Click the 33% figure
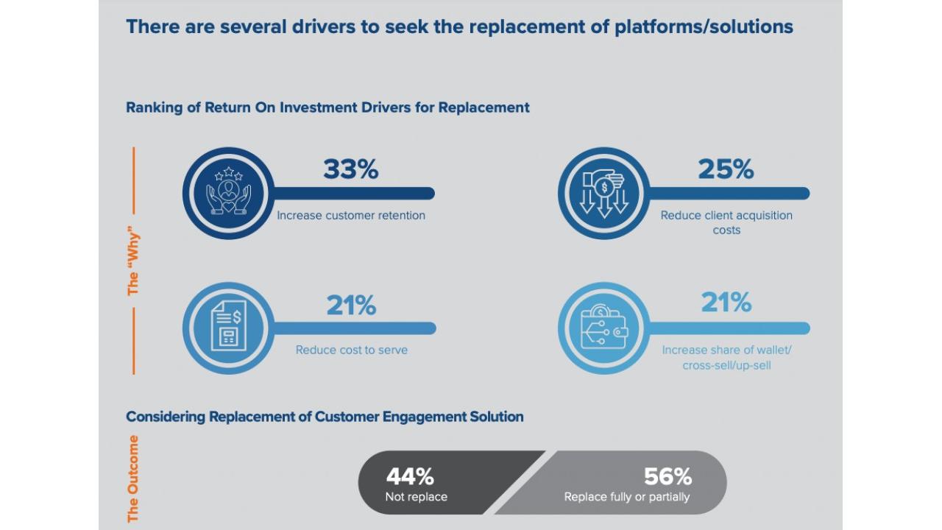click(350, 170)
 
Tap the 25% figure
click(726, 170)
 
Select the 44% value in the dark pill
click(410, 477)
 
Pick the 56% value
click(667, 477)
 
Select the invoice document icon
click(228, 328)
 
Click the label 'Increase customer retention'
click(351, 216)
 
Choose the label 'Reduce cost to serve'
click(351, 350)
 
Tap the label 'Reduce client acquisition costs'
click(726, 222)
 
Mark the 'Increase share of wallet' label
click(726, 357)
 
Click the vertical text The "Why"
click(133, 261)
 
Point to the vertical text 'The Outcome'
click(133, 478)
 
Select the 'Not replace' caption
click(416, 497)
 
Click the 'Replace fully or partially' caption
click(626, 497)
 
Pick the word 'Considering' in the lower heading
click(165, 417)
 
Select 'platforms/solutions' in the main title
click(704, 27)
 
